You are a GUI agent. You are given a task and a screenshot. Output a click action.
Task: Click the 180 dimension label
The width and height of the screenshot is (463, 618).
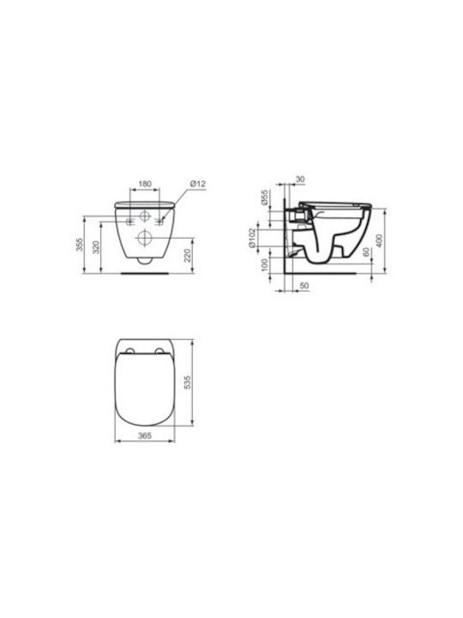pos(145,184)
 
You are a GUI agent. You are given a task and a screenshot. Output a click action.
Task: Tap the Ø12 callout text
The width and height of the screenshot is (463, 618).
pos(198,184)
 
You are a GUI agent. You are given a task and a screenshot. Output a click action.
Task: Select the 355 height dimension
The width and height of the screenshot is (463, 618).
pos(80,245)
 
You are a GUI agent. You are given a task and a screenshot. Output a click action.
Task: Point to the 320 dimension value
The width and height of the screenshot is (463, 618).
pos(96,247)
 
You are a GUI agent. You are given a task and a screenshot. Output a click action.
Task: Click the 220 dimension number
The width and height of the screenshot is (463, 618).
pos(187,256)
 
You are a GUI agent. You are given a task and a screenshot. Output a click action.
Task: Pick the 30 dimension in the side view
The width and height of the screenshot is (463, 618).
pos(300,179)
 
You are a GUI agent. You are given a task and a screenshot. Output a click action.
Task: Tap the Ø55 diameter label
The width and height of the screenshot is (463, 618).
pos(265,197)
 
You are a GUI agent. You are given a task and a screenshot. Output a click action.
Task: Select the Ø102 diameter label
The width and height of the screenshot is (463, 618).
pos(252,238)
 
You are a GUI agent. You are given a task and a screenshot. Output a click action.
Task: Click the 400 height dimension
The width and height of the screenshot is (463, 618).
pos(379,240)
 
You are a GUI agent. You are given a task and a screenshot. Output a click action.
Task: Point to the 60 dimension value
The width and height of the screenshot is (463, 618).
pos(365,251)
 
